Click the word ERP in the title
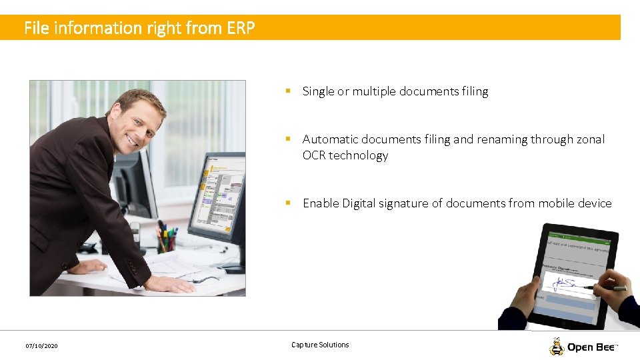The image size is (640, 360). click(241, 28)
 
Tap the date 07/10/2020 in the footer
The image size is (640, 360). click(41, 346)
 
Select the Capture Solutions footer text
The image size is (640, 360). click(320, 345)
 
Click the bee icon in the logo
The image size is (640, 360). click(557, 347)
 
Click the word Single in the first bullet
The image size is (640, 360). click(318, 91)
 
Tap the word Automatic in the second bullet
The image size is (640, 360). click(328, 139)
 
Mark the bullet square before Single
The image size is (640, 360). click(287, 91)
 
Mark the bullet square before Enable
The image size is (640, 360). click(287, 203)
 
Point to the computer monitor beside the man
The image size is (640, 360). click(217, 193)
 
